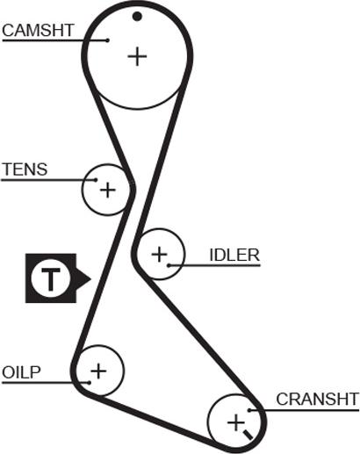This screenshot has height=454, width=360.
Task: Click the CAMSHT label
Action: pyautogui.click(x=38, y=31)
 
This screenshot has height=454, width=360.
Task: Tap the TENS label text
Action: pyautogui.click(x=25, y=169)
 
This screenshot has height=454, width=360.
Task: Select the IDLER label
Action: pyautogui.click(x=234, y=255)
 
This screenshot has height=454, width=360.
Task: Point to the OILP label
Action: pyautogui.click(x=21, y=372)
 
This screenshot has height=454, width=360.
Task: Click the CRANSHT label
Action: pyautogui.click(x=318, y=399)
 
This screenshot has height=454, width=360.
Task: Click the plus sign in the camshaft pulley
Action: pyautogui.click(x=137, y=56)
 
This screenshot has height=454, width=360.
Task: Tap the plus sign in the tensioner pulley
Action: pyautogui.click(x=108, y=191)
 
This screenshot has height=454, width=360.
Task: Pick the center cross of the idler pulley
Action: pyautogui.click(x=159, y=254)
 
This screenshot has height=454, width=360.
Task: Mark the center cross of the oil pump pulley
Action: pyautogui.click(x=98, y=371)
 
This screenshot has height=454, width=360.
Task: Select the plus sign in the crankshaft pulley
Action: pyautogui.click(x=235, y=423)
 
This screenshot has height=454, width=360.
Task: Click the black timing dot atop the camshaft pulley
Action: pyautogui.click(x=137, y=17)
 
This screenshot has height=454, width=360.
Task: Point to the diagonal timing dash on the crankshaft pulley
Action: pyautogui.click(x=248, y=435)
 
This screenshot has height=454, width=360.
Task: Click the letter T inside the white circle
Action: pyautogui.click(x=51, y=279)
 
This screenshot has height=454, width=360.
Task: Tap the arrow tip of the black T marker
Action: pyautogui.click(x=91, y=278)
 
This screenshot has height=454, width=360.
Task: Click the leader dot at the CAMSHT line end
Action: pyautogui.click(x=108, y=40)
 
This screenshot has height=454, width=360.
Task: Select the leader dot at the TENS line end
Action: pyautogui.click(x=96, y=180)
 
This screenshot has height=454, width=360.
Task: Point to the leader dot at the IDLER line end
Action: pyautogui.click(x=169, y=265)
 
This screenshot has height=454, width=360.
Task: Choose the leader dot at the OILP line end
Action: pyautogui.click(x=90, y=383)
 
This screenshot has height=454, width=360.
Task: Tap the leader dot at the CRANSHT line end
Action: pyautogui.click(x=249, y=410)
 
